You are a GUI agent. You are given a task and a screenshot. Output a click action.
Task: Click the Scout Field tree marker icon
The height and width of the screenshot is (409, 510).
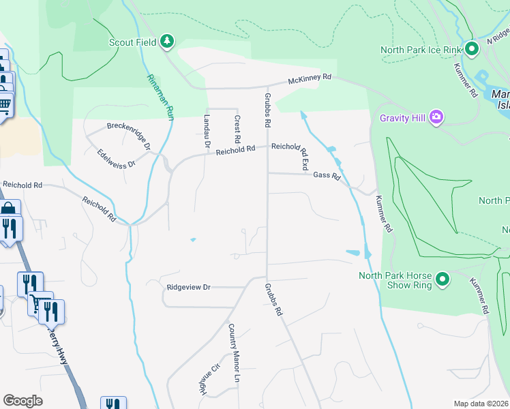click(167, 42)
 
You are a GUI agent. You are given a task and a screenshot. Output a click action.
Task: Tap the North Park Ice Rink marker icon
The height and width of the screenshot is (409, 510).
click(471, 49)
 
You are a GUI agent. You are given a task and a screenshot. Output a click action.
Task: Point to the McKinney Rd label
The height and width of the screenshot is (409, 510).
click(309, 78)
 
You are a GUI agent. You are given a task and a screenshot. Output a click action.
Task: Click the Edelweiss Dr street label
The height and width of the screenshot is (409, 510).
click(117, 159)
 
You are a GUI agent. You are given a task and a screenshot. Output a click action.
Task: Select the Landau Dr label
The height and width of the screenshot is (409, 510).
click(206, 131)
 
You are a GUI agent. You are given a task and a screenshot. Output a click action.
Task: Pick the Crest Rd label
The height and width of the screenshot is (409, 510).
click(237, 128)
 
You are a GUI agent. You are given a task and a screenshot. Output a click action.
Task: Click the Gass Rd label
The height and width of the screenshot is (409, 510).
click(327, 175)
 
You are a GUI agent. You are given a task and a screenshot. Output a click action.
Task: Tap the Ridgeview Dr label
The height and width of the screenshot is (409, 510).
click(188, 288)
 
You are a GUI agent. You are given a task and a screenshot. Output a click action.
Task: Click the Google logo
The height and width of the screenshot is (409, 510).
click(22, 401)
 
